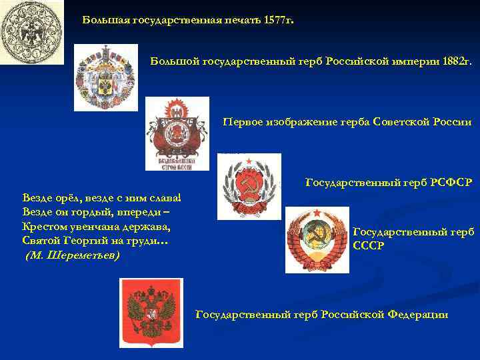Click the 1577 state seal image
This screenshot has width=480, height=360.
[x=32, y=32]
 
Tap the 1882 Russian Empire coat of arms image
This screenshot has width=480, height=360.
[x=106, y=77]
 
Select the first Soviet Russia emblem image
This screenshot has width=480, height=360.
[x=177, y=133]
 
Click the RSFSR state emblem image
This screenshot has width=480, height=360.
[x=249, y=186]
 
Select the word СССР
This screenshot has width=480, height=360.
[x=368, y=245]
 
